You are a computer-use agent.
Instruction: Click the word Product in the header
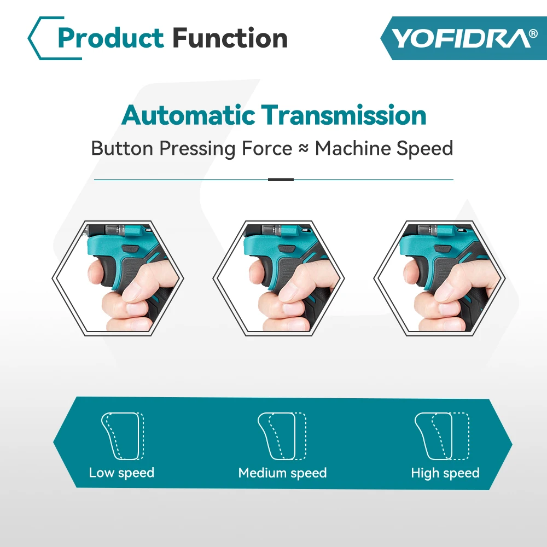tap(110, 38)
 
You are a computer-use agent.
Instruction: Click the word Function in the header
tap(230, 38)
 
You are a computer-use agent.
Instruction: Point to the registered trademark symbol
tap(533, 33)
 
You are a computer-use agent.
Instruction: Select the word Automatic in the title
tap(188, 115)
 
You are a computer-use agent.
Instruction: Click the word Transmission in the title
tap(344, 115)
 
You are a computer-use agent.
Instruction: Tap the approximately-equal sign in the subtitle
tap(304, 149)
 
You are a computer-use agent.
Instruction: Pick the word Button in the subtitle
tap(122, 149)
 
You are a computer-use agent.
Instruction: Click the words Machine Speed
tap(384, 149)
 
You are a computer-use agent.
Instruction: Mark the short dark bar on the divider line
tap(281, 179)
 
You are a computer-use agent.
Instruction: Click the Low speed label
tap(121, 473)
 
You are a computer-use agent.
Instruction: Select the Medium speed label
tap(283, 473)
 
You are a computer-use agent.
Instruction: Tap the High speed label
tap(445, 473)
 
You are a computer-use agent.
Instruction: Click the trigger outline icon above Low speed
tap(123, 436)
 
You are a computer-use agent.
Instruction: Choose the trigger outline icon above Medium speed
tap(282, 436)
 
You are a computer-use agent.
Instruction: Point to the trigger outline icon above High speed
tap(442, 436)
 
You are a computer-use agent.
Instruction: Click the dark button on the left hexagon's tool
tap(130, 248)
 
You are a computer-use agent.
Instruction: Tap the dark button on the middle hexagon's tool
tap(287, 248)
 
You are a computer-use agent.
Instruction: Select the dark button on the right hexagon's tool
tap(443, 248)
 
